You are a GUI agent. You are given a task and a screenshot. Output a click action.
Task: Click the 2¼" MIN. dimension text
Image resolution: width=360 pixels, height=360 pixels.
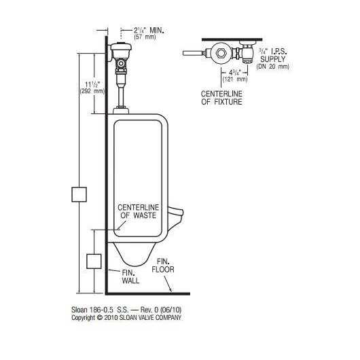click(x=149, y=31)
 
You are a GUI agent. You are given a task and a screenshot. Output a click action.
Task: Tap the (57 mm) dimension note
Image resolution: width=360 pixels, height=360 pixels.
click(x=145, y=37)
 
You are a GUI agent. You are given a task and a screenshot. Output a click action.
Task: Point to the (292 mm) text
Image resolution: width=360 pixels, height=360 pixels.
click(x=92, y=91)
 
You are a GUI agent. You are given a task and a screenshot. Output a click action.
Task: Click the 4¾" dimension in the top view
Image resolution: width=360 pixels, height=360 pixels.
click(x=234, y=72)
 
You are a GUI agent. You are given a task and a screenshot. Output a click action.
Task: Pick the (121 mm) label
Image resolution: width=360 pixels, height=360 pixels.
click(x=235, y=79)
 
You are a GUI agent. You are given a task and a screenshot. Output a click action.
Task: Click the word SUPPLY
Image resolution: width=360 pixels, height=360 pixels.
click(x=272, y=59)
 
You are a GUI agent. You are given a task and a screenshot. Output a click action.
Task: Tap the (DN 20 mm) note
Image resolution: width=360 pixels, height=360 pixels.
click(x=273, y=67)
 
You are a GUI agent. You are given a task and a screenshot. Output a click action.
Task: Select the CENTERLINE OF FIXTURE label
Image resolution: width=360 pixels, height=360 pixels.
click(x=221, y=98)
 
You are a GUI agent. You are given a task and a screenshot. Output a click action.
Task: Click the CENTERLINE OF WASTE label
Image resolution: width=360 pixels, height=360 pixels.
click(x=138, y=211)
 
